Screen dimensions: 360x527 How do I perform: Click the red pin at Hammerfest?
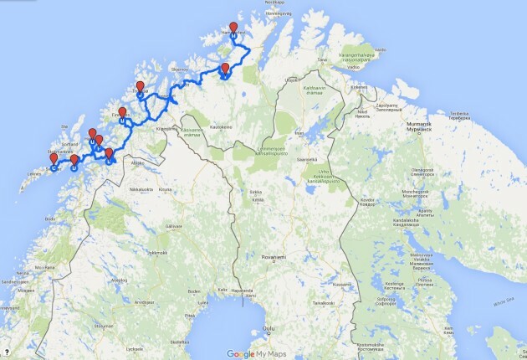(233, 28)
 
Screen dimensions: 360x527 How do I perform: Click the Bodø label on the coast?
(50, 219)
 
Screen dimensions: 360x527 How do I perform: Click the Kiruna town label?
(164, 190)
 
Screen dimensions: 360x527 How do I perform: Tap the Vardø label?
(381, 50)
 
